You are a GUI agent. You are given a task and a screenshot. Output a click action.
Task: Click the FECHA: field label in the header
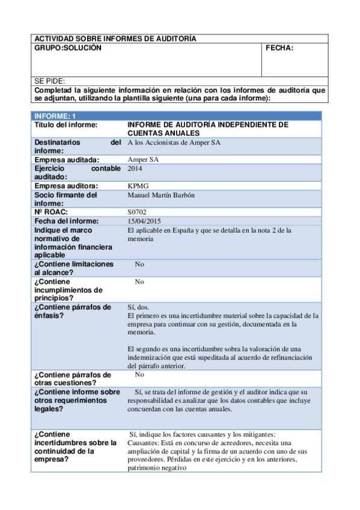click(x=279, y=48)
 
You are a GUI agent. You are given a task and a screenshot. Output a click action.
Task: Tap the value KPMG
click(x=138, y=186)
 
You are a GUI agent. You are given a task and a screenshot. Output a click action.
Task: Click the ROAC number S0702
click(x=138, y=212)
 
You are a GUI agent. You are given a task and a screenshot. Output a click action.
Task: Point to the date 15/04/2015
click(x=145, y=221)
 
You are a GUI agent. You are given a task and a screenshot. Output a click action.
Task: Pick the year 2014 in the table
click(x=136, y=169)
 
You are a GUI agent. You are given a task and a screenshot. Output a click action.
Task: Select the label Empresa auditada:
click(x=66, y=160)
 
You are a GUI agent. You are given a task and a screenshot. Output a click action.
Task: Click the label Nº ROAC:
click(x=52, y=212)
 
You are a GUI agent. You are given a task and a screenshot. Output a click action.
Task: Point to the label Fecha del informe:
click(x=65, y=221)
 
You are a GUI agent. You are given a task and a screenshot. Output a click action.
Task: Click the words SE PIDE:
click(x=50, y=81)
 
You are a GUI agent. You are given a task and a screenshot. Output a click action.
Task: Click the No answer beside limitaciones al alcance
click(x=139, y=264)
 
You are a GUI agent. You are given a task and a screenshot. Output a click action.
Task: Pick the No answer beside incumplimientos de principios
click(x=139, y=281)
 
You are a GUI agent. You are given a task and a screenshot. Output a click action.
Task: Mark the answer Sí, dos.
click(x=139, y=307)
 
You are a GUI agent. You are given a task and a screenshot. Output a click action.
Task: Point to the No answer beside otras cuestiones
click(x=139, y=374)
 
